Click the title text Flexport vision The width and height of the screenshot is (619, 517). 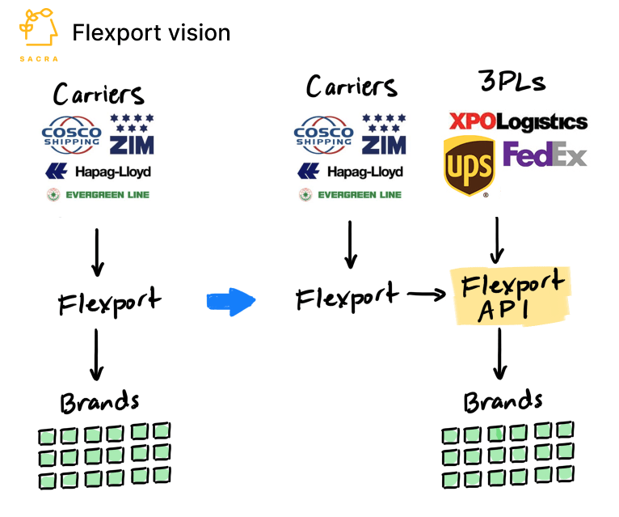tap(151, 32)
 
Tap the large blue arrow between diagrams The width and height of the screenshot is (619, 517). tap(231, 302)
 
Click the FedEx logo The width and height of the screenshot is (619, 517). tap(545, 154)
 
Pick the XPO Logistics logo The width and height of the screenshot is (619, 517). tap(518, 122)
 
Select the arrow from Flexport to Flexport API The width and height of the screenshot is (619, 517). tap(426, 296)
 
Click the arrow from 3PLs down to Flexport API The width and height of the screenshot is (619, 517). tap(499, 238)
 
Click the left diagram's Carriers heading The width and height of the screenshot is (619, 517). tap(99, 94)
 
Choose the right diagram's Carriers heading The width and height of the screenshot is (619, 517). tap(352, 87)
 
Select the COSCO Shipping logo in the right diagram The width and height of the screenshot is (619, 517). tap(324, 134)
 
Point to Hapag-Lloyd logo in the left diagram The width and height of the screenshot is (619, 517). tap(99, 172)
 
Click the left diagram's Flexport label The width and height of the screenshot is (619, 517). tap(109, 304)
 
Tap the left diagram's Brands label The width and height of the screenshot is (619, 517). tap(99, 402)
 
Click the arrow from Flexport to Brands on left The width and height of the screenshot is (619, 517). tap(97, 354)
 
